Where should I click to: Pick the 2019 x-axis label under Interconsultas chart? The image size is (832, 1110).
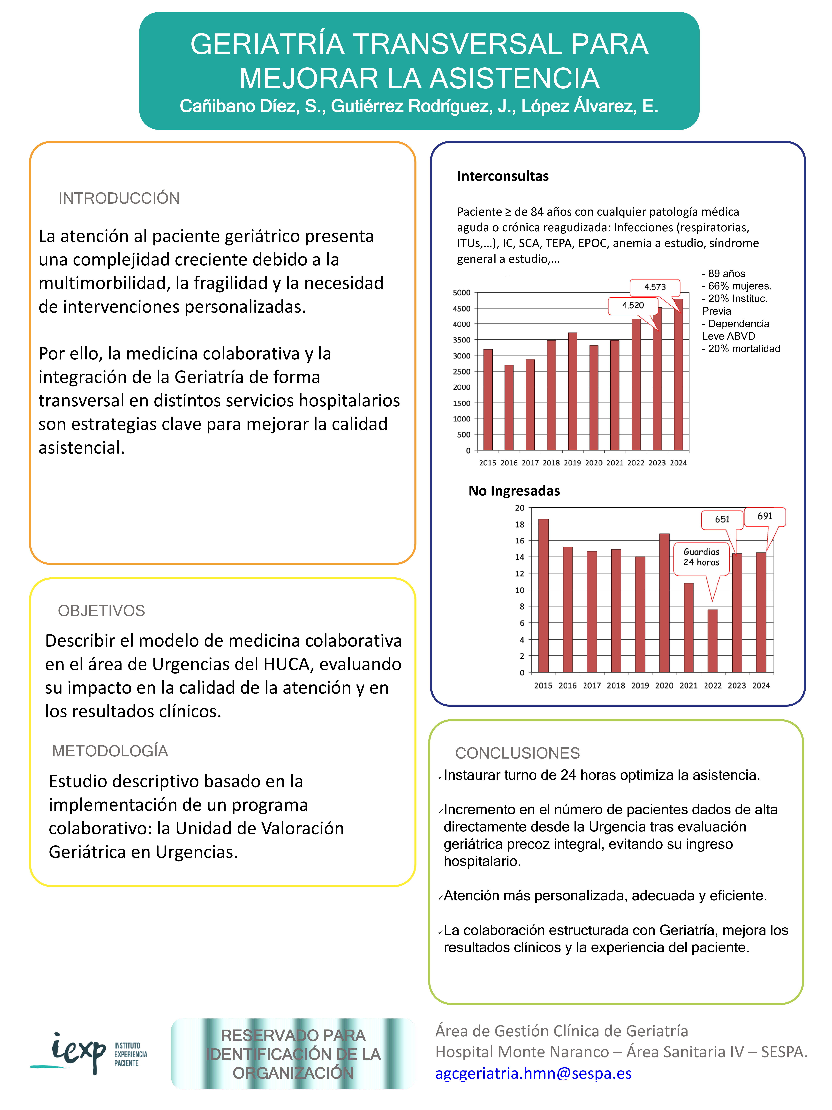click(x=572, y=463)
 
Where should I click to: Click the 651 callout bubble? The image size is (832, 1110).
click(x=722, y=519)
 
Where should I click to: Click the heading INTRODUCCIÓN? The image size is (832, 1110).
click(x=119, y=198)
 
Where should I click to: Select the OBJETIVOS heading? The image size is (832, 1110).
click(x=101, y=611)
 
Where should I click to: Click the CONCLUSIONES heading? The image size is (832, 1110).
click(x=517, y=753)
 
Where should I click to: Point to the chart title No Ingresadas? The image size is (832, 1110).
click(x=514, y=491)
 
